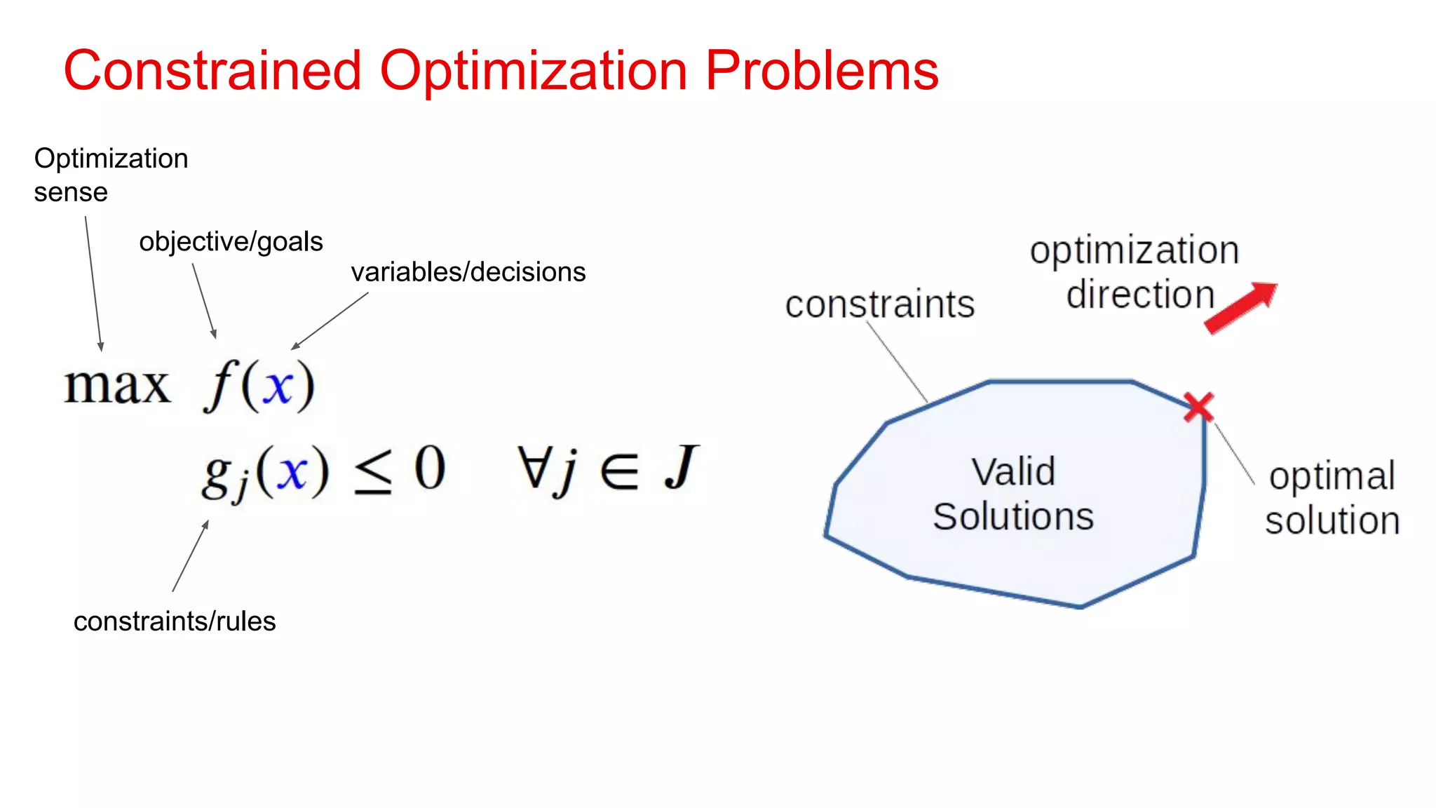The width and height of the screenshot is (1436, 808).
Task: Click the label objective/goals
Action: click(231, 241)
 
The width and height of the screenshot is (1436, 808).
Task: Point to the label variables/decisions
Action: click(468, 272)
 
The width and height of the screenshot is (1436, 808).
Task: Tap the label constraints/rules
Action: click(175, 621)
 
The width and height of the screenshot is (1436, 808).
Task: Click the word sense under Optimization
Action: click(71, 192)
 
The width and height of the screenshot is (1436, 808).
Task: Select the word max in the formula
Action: click(117, 386)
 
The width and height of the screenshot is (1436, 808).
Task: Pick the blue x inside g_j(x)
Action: click(292, 471)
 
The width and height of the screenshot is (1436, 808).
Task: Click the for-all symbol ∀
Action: click(532, 466)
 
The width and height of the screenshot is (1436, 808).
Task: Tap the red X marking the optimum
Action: click(1198, 407)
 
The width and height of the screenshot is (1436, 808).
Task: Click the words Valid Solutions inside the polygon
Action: click(1013, 494)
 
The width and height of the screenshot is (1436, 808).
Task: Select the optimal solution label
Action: click(1332, 498)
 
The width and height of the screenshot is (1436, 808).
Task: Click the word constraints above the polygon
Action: click(880, 304)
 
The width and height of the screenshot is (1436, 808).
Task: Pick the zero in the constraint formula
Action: click(429, 468)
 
